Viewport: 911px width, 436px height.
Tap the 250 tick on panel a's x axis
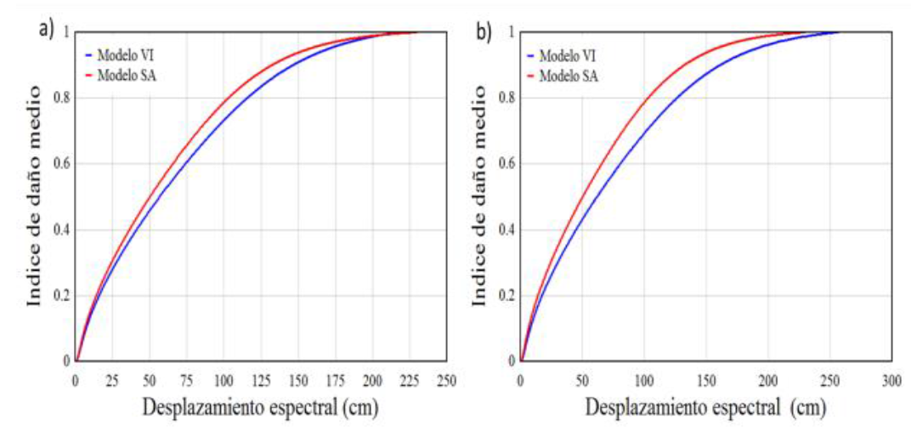(x=445, y=379)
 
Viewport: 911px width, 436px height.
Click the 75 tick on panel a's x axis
(x=186, y=379)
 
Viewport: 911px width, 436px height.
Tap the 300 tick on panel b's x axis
(x=891, y=379)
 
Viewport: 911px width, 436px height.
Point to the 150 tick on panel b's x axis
(x=706, y=379)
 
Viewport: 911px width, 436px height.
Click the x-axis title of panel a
(x=259, y=408)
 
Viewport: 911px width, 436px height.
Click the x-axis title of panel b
(x=704, y=409)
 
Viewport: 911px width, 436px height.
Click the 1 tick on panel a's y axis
(x=66, y=32)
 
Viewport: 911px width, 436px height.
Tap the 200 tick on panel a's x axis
(x=371, y=379)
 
